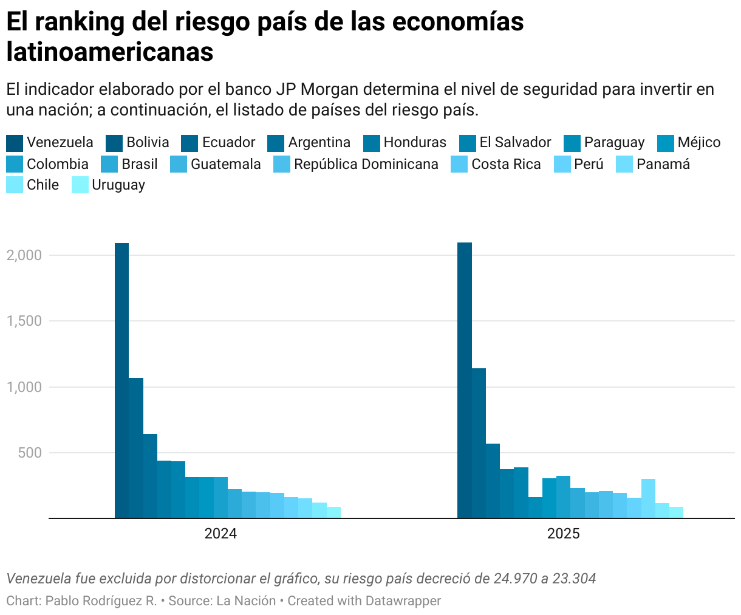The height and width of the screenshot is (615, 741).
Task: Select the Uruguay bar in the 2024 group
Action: click(x=333, y=512)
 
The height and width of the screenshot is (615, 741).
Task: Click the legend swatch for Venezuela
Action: click(x=15, y=143)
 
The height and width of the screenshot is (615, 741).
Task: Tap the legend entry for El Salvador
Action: click(x=515, y=143)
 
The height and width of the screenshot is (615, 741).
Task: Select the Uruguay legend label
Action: click(x=118, y=185)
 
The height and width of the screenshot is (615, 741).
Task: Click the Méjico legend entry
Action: click(x=698, y=143)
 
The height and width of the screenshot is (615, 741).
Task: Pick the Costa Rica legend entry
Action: click(x=506, y=164)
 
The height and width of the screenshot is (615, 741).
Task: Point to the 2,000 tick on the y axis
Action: click(x=24, y=255)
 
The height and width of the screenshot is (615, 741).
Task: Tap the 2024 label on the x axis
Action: click(x=220, y=534)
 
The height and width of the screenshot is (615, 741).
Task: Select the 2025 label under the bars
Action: click(x=563, y=534)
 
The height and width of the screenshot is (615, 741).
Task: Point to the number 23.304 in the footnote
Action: click(x=574, y=579)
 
